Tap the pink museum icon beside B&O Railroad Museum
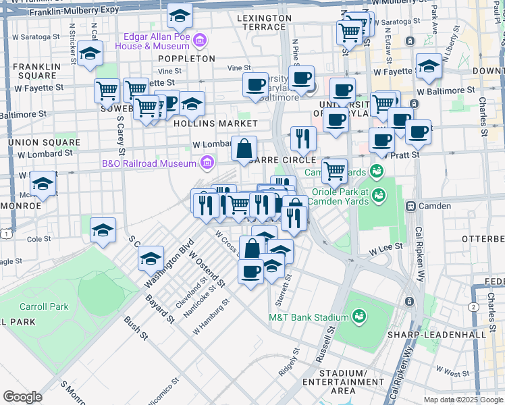[x=207, y=162]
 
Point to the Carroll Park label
[x=44, y=306]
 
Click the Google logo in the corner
[x=22, y=397]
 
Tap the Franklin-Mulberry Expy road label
[x=55, y=11]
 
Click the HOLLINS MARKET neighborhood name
[x=215, y=124]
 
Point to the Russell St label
[x=330, y=346]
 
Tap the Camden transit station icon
[x=409, y=205]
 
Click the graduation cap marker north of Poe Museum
[x=180, y=15]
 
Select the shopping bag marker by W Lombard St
[x=244, y=148]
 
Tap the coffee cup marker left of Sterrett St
[x=250, y=271]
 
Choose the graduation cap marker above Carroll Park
[x=103, y=230]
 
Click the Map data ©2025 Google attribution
[x=463, y=399]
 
